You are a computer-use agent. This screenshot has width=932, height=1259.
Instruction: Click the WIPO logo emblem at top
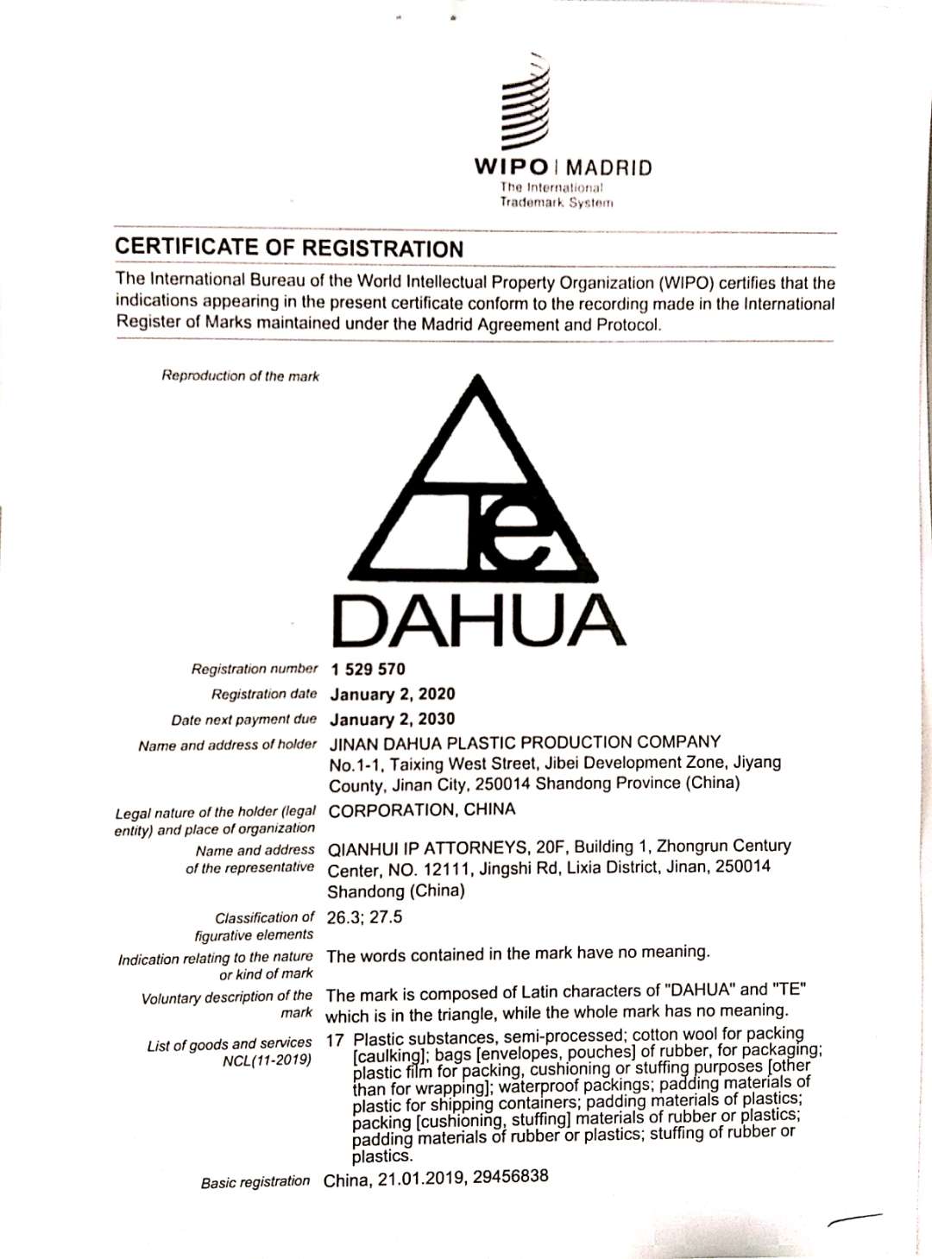click(x=526, y=102)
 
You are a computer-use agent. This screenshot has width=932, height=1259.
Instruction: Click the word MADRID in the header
click(x=609, y=167)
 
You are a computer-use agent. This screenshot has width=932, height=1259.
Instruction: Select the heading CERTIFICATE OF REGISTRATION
click(x=289, y=248)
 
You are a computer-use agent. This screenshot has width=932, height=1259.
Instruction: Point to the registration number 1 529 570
click(x=368, y=669)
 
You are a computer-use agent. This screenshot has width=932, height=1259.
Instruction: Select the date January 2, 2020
click(x=393, y=694)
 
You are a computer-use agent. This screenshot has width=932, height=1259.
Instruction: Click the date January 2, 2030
click(x=393, y=719)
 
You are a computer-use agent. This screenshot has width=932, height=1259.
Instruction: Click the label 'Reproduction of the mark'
click(x=240, y=375)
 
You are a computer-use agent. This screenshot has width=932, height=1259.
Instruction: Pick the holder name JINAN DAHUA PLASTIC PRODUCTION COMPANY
click(x=525, y=742)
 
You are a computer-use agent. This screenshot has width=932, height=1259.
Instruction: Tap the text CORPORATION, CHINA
click(x=422, y=809)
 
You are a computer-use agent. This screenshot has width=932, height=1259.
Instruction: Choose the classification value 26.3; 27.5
click(x=364, y=916)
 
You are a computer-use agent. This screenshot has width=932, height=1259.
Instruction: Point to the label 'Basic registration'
click(x=255, y=1182)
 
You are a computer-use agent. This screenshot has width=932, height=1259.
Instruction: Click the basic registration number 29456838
click(x=510, y=1176)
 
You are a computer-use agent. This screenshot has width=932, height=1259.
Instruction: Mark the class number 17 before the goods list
click(x=335, y=1041)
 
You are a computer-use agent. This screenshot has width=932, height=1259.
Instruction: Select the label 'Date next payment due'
click(x=243, y=720)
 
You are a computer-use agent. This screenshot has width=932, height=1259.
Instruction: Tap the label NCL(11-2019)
click(x=267, y=1061)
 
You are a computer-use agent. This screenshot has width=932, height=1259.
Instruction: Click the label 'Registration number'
click(x=255, y=669)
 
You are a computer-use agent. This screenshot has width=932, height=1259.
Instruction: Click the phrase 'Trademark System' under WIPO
click(x=557, y=202)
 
